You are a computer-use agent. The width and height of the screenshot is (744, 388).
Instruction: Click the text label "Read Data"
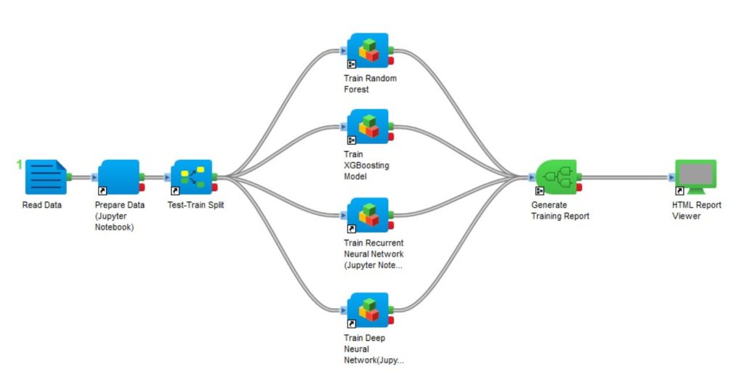pos(42,205)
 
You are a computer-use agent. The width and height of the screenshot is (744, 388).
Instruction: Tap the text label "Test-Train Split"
pos(201,205)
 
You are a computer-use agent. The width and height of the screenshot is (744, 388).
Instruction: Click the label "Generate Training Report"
pos(560,211)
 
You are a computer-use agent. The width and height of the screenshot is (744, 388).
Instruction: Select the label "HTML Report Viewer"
pos(697,211)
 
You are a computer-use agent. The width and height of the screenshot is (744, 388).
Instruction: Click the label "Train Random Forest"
pos(370,84)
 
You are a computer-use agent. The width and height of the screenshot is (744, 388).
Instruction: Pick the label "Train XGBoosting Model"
pos(366,166)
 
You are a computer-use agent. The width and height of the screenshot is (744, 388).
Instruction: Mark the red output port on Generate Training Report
pos(579,188)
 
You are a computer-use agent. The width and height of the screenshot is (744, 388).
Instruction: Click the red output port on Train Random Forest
pos(391,61)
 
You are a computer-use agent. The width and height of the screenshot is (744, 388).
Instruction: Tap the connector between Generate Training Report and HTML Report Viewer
pos(625,177)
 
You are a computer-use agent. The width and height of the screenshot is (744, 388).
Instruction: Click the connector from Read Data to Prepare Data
pos(82,177)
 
